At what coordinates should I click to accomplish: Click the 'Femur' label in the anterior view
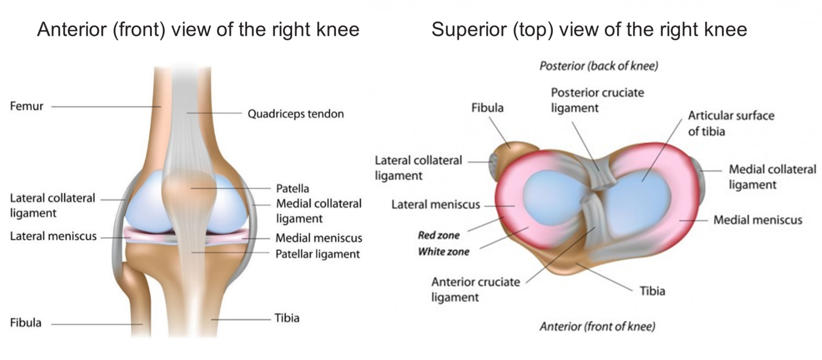tap(26, 106)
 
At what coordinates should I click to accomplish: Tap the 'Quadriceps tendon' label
tap(295, 114)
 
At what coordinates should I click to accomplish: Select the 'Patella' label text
tap(292, 189)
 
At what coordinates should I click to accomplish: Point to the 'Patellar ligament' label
tap(317, 254)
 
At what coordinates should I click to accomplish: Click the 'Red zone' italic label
tap(438, 235)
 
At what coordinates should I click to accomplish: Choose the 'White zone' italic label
tap(443, 251)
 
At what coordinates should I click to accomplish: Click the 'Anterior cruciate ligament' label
tap(475, 289)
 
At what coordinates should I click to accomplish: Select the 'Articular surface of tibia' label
tap(730, 123)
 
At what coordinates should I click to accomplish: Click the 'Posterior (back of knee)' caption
tap(598, 67)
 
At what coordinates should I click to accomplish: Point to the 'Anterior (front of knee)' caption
tap(597, 326)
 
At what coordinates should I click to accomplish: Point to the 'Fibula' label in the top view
tap(487, 108)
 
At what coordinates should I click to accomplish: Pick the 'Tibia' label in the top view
tap(652, 291)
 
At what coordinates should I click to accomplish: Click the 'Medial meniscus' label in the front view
tap(318, 238)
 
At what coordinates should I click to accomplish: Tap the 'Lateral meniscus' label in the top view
tap(435, 204)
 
